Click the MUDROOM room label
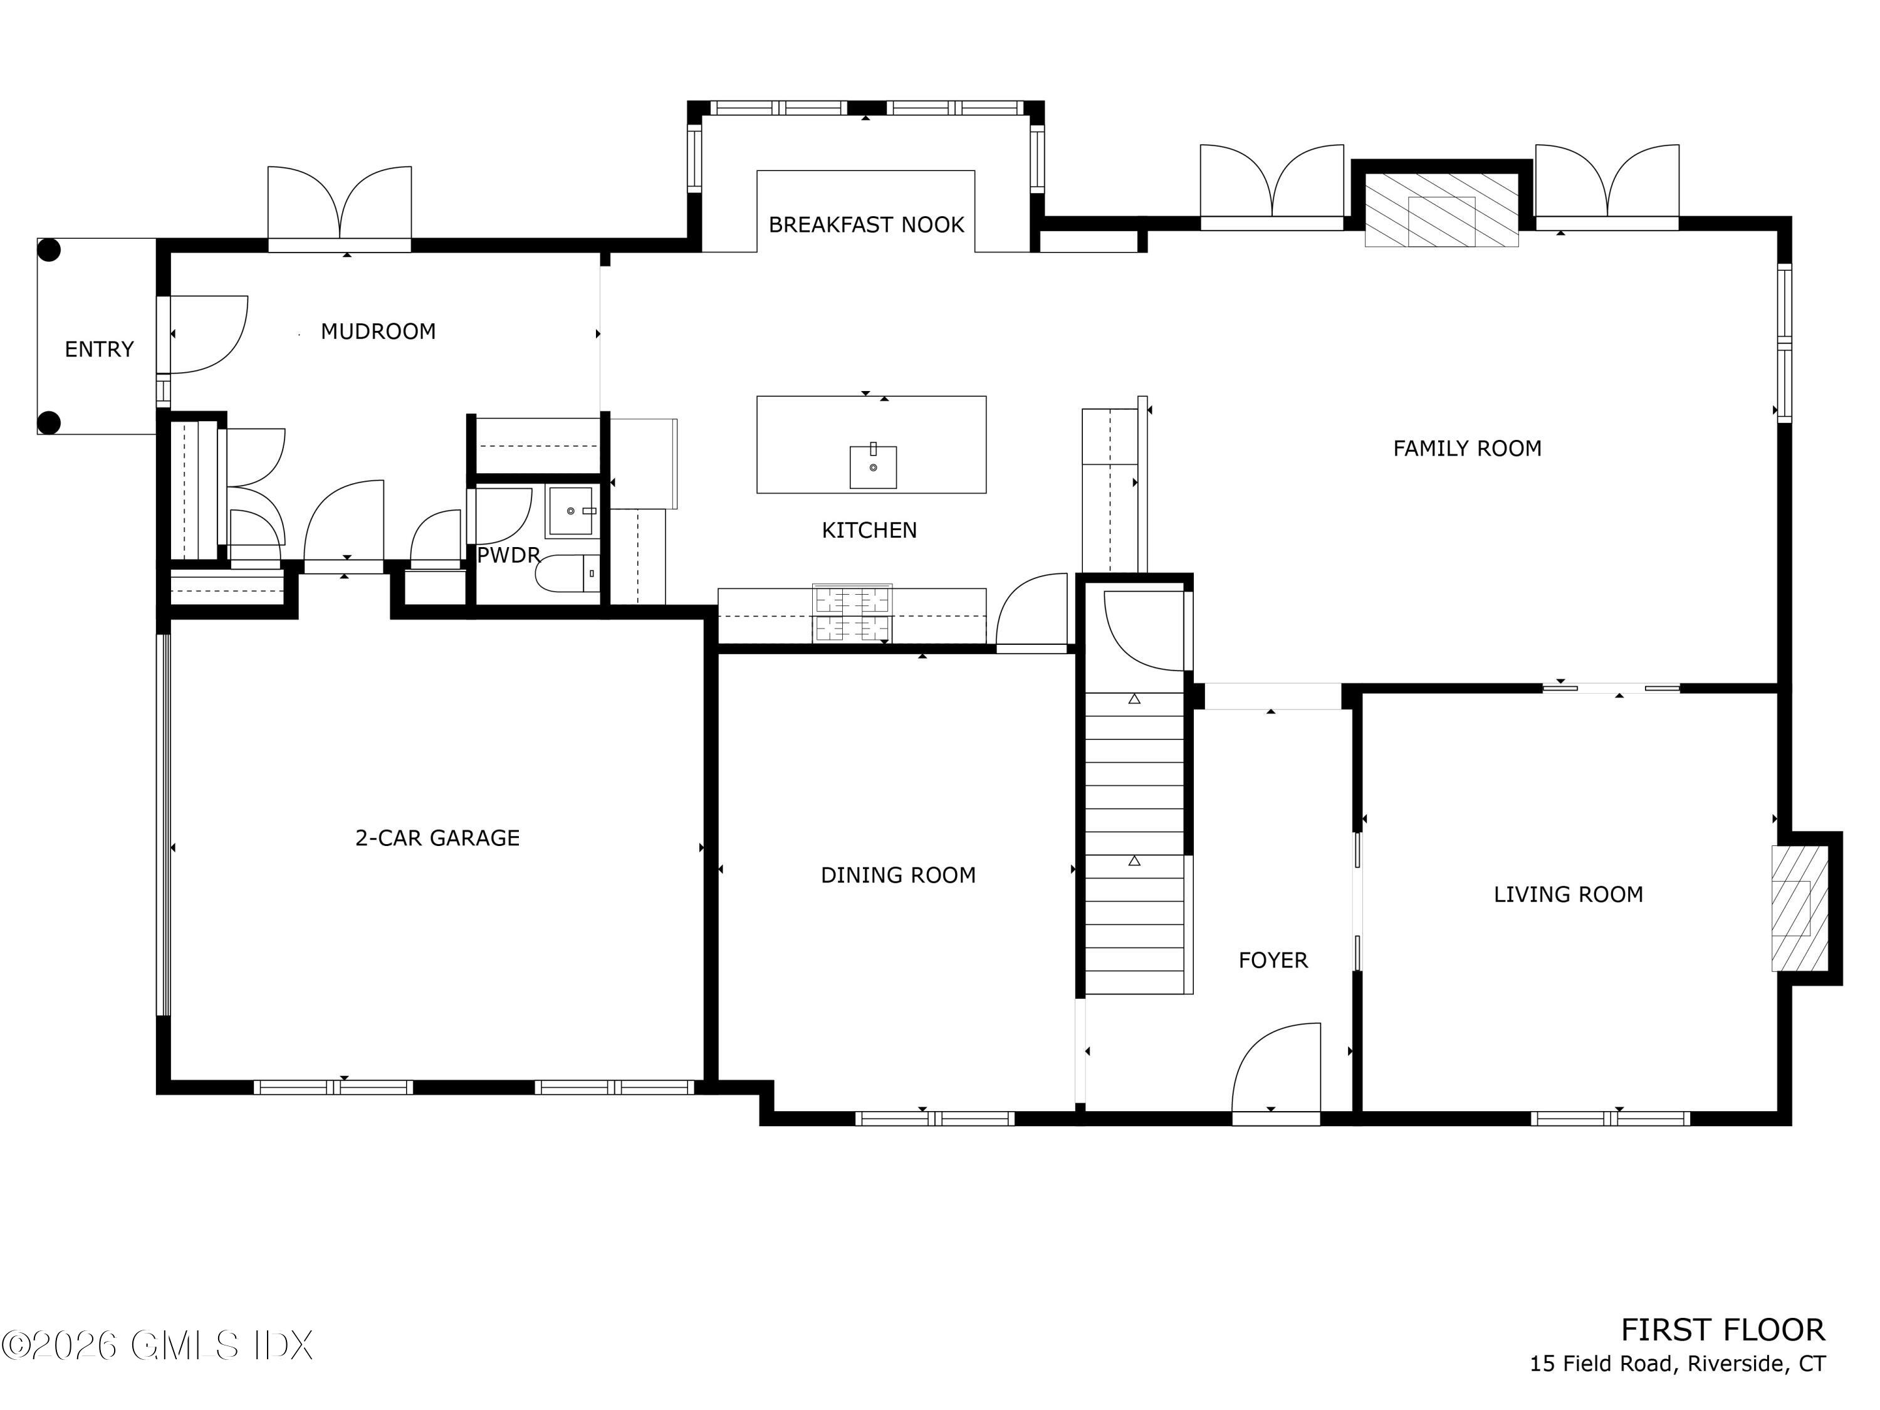(x=379, y=332)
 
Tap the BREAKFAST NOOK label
(x=866, y=225)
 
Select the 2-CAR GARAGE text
(x=437, y=838)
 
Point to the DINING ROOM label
(x=897, y=875)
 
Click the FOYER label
(x=1272, y=961)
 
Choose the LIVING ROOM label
(x=1568, y=894)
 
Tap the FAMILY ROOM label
(x=1467, y=449)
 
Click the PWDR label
(x=508, y=556)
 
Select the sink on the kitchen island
(x=873, y=467)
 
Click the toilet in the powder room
(x=567, y=573)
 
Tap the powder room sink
(x=570, y=511)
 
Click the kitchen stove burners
(x=852, y=614)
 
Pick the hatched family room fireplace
(x=1441, y=210)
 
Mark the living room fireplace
(x=1799, y=907)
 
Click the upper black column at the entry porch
(x=50, y=251)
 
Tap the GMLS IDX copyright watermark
(x=158, y=1345)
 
